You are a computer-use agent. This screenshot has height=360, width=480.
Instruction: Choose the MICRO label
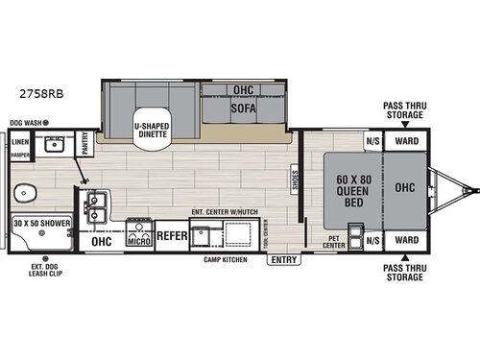(137, 241)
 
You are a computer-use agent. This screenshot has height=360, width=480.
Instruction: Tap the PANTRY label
(86, 143)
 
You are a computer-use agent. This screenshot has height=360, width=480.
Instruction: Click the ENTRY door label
(284, 259)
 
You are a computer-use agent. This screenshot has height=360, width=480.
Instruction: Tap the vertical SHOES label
(295, 180)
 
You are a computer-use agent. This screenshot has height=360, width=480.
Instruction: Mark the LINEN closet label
(20, 140)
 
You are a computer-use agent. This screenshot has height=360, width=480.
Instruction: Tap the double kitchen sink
(97, 206)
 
